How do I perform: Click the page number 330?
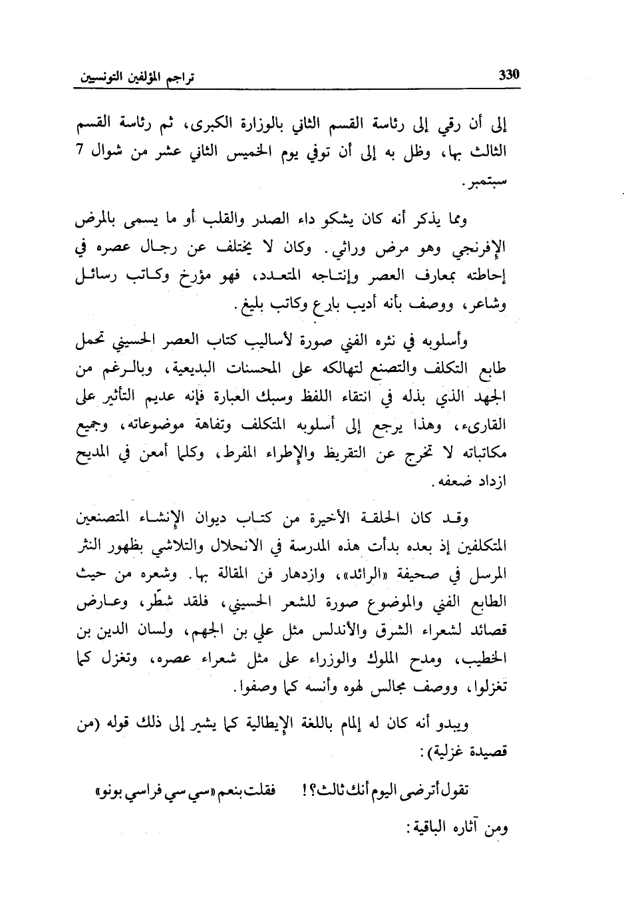[x=508, y=75]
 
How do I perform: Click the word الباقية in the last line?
[x=447, y=829]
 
